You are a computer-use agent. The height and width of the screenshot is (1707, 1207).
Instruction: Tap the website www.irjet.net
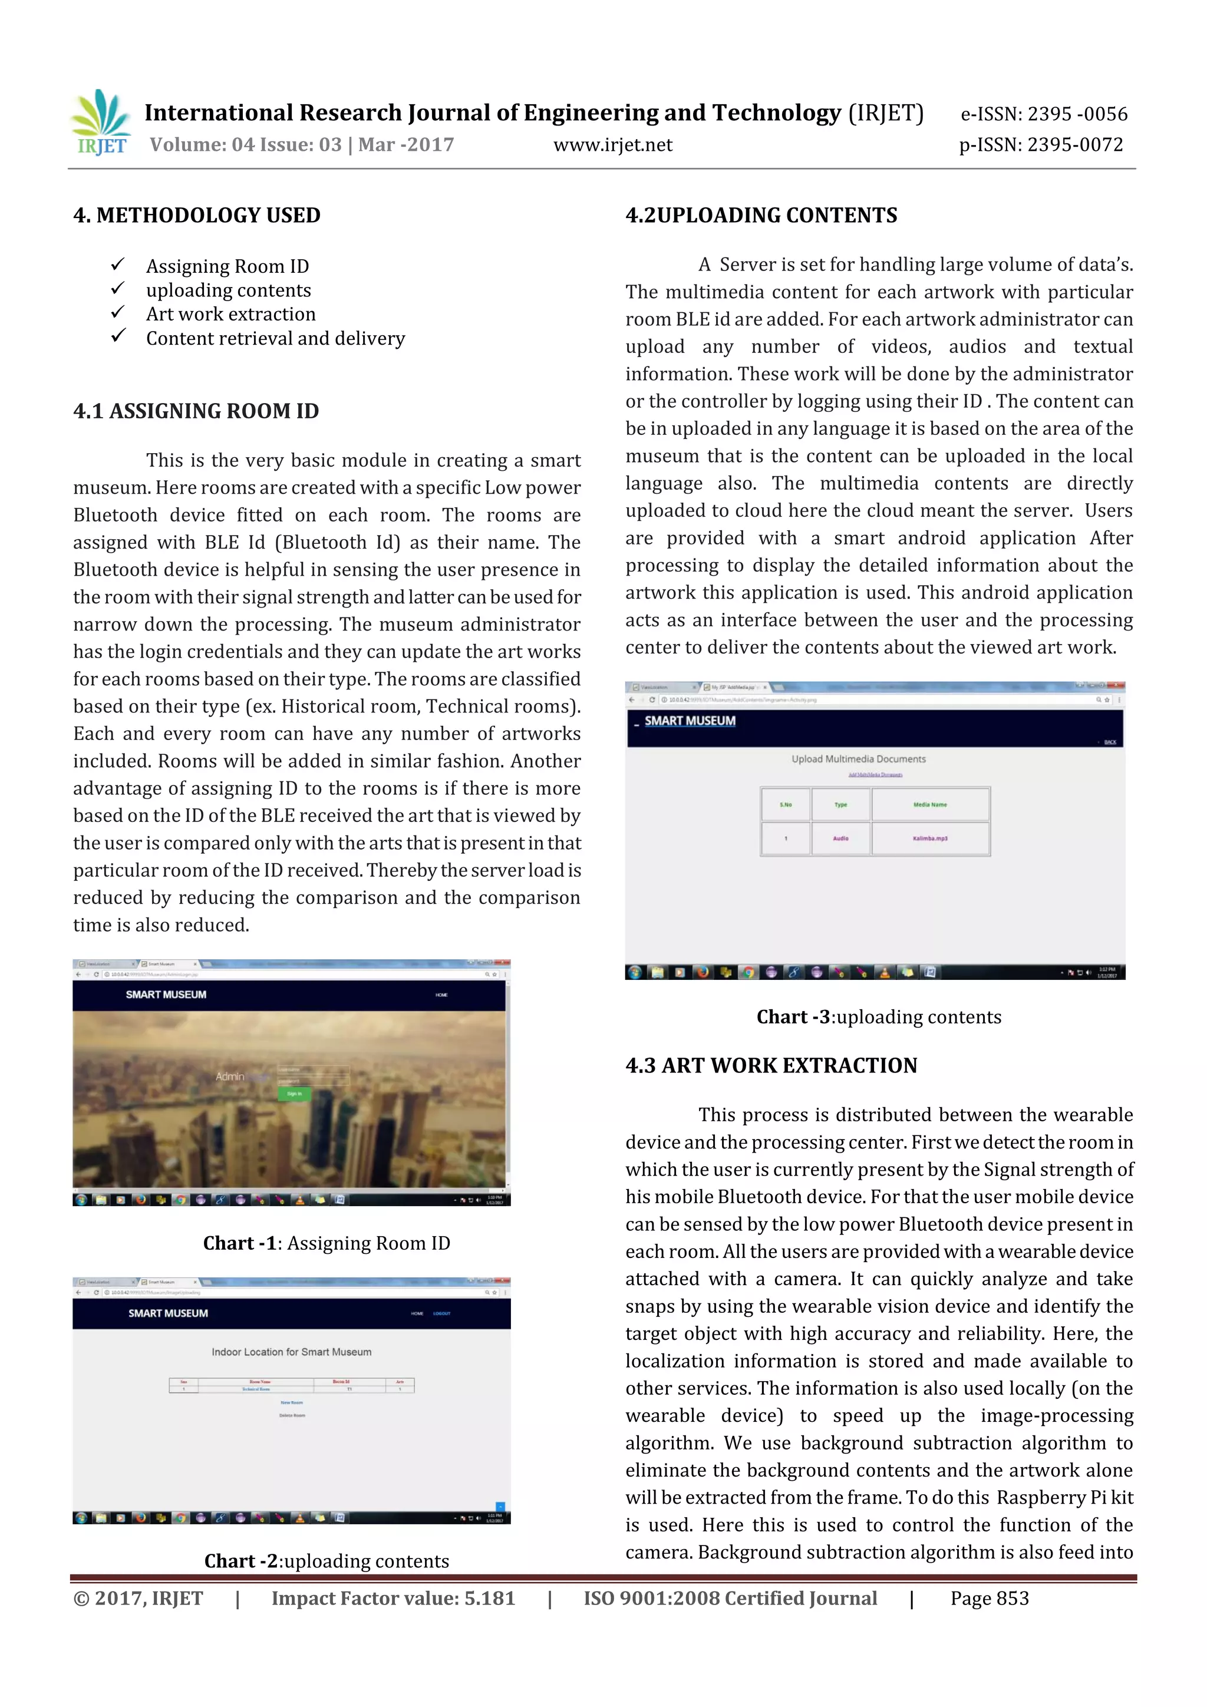pyautogui.click(x=612, y=145)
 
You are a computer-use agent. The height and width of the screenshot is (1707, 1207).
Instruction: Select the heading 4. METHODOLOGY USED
pyautogui.click(x=196, y=216)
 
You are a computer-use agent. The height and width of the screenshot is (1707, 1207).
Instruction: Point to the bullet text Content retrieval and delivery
pyautogui.click(x=275, y=339)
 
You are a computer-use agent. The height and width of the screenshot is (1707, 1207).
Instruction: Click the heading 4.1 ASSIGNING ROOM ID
pyautogui.click(x=196, y=411)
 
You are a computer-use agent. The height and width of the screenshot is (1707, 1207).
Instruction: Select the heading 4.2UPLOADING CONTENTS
pyautogui.click(x=761, y=216)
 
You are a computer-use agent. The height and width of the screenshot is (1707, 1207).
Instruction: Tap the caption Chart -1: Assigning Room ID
pyautogui.click(x=327, y=1243)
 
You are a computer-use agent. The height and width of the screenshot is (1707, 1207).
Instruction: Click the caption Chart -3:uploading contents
pyautogui.click(x=878, y=1017)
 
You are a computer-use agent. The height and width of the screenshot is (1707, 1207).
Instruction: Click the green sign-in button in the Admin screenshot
pyautogui.click(x=293, y=1094)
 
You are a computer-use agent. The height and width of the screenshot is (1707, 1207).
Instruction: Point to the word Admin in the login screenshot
pyautogui.click(x=230, y=1077)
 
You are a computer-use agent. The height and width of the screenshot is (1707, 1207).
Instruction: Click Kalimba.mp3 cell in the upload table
pyautogui.click(x=929, y=838)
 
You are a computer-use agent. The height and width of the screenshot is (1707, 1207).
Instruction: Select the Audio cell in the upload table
pyautogui.click(x=840, y=838)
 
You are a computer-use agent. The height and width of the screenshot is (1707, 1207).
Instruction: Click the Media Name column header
pyautogui.click(x=929, y=804)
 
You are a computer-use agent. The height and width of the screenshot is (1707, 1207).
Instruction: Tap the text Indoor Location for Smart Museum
pyautogui.click(x=292, y=1352)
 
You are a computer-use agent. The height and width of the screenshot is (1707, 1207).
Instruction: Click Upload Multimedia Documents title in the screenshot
pyautogui.click(x=858, y=759)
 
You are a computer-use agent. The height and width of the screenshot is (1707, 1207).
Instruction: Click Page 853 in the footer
pyautogui.click(x=989, y=1599)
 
